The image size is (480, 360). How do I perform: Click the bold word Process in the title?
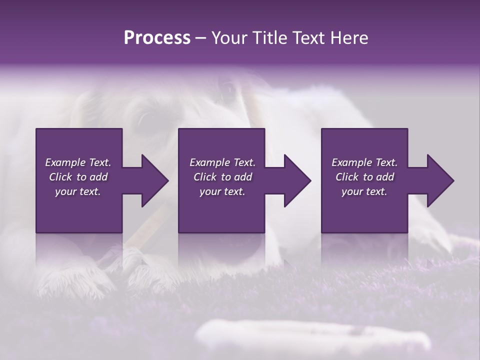tap(157, 38)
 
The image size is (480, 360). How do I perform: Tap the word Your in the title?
tap(227, 38)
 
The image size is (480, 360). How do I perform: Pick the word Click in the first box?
tap(61, 177)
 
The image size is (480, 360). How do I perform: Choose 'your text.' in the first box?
tap(77, 191)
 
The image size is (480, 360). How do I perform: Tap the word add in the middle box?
tap(243, 177)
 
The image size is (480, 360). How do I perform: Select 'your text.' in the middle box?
tap(222, 191)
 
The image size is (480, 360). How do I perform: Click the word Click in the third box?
tap(347, 177)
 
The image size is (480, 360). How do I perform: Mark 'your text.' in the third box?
tap(364, 191)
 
